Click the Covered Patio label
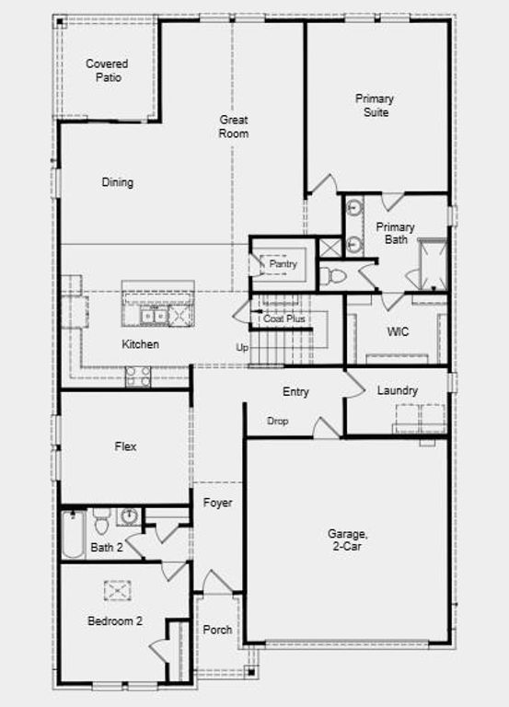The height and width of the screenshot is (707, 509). (107, 70)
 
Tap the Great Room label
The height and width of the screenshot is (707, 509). (234, 126)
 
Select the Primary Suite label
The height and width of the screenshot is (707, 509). (375, 105)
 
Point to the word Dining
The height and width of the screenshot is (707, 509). (117, 182)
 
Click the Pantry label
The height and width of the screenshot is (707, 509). (283, 264)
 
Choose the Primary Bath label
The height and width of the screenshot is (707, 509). (395, 233)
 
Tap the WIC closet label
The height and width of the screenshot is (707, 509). (398, 331)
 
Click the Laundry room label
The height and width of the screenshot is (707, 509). (398, 390)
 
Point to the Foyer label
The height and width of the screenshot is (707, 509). (218, 504)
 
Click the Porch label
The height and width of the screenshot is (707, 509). (217, 630)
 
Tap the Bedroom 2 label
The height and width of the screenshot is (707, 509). (115, 621)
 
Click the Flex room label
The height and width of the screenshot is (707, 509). (125, 446)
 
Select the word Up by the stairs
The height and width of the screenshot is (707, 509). (243, 347)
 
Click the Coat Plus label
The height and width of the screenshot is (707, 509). (284, 319)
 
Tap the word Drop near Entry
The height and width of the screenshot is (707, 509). (278, 421)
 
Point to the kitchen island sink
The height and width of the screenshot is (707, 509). (153, 316)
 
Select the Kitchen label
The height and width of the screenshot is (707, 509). (141, 344)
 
